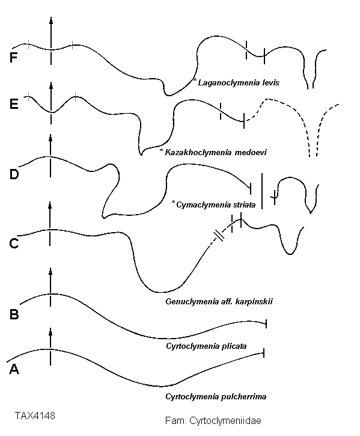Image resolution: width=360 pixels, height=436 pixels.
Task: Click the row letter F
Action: [x=14, y=58]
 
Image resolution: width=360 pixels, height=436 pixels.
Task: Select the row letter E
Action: [x=14, y=104]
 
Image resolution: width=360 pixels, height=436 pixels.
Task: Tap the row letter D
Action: [x=14, y=174]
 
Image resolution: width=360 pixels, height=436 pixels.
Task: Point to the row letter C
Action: [x=14, y=244]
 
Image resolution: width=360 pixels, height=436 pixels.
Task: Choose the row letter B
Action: [x=14, y=314]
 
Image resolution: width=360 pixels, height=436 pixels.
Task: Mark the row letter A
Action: [x=14, y=369]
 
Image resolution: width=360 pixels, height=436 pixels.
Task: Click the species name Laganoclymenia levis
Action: [x=239, y=82]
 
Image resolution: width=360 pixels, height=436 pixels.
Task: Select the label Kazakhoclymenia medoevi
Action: [x=216, y=152]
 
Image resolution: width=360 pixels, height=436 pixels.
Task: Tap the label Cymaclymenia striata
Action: [x=216, y=205]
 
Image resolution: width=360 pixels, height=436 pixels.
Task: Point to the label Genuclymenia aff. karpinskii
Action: [x=219, y=301]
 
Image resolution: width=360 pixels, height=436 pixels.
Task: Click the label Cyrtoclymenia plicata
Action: [x=206, y=346]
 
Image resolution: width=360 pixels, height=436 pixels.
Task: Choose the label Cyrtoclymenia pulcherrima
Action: [x=216, y=396]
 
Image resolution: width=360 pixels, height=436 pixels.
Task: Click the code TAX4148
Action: [x=35, y=416]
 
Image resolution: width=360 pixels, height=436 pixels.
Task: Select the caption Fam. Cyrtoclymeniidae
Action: [x=213, y=420]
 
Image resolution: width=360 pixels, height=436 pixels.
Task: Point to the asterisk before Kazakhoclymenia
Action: [x=161, y=150]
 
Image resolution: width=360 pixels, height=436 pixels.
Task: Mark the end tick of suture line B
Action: [x=266, y=324]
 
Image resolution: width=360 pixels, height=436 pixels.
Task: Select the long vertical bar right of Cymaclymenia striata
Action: [x=262, y=191]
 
